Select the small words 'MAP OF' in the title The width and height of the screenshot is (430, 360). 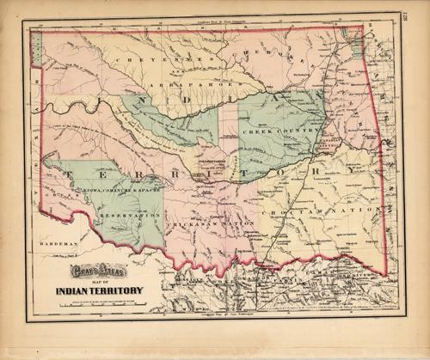100,290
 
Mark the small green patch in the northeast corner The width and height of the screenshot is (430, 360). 355,45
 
